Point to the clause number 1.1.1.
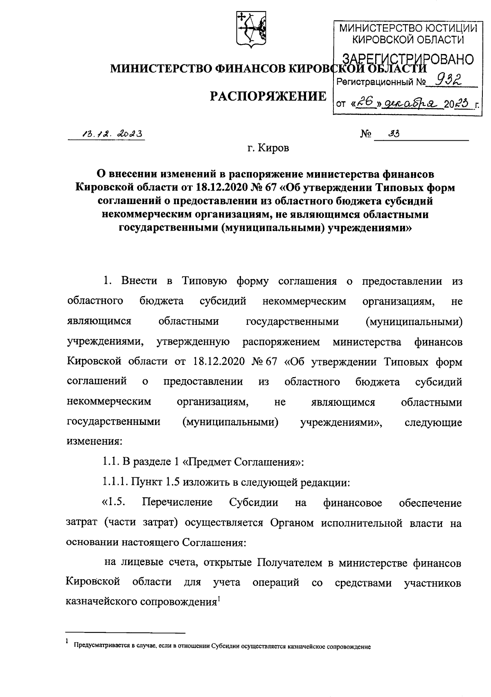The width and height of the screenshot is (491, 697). tap(115, 482)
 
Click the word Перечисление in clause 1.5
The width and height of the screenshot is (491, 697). tap(177, 502)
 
